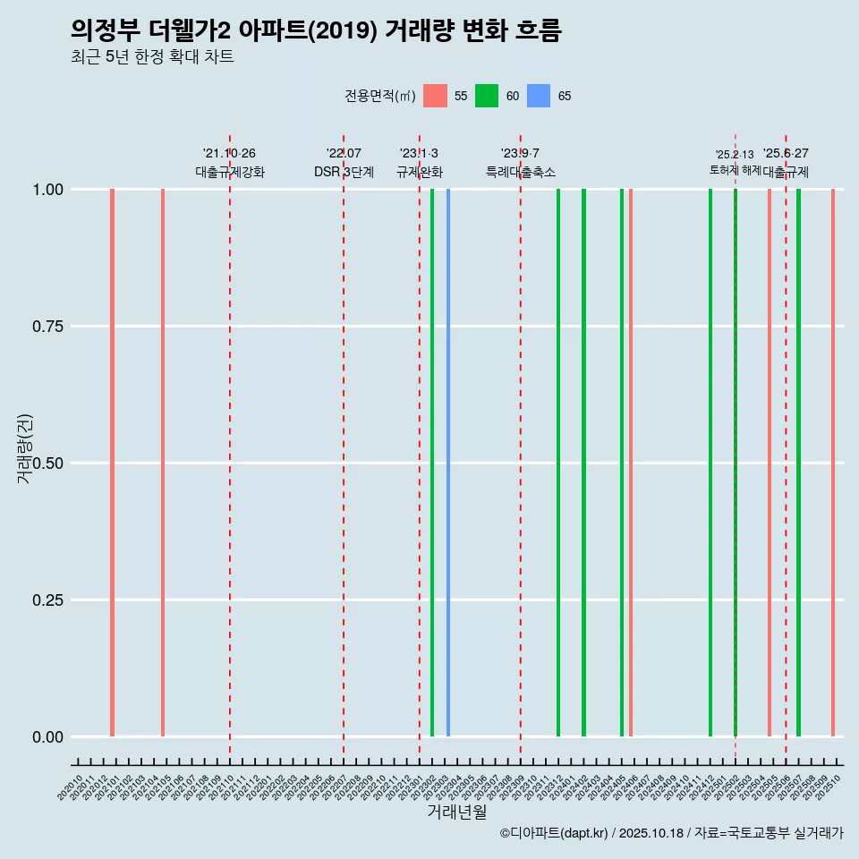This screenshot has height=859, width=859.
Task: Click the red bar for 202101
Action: pos(112,463)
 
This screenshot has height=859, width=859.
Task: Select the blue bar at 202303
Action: pos(448,463)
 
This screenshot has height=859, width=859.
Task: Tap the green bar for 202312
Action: pos(558,463)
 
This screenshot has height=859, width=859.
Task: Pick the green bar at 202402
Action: pos(583,463)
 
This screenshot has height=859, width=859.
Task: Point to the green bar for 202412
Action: pos(710,463)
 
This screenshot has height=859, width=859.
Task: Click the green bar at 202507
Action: pos(798,463)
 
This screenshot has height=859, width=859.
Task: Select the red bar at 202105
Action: pos(163,463)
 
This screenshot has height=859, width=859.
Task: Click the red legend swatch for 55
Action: pos(435,96)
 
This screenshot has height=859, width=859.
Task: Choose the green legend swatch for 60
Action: pos(487,96)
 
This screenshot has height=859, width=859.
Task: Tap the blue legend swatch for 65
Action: pos(539,96)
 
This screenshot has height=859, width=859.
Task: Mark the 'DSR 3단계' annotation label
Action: pos(344,172)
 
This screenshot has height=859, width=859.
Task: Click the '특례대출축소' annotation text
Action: pos(521,172)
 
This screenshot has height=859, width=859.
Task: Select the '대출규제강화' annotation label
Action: pos(230,172)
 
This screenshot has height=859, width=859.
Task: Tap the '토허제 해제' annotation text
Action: pos(735,170)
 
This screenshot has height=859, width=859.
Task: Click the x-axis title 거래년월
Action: pos(456,812)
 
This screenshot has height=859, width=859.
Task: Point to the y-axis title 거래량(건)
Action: pos(25,448)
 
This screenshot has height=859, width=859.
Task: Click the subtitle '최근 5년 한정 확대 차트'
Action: pos(152,57)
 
